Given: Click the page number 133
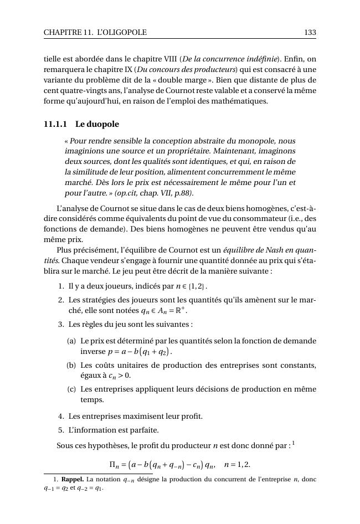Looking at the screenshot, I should [x=310, y=33].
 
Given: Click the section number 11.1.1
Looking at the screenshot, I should [x=55, y=124].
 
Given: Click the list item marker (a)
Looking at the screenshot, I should [x=71, y=341].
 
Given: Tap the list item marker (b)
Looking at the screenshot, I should [x=71, y=366].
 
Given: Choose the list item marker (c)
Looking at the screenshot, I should [x=71, y=389].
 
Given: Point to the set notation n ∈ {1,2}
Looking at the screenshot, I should [x=190, y=287].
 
